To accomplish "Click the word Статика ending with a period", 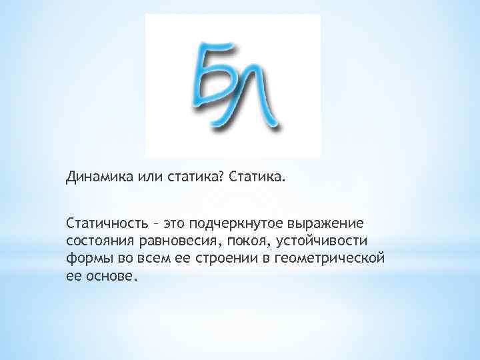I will (256, 177).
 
